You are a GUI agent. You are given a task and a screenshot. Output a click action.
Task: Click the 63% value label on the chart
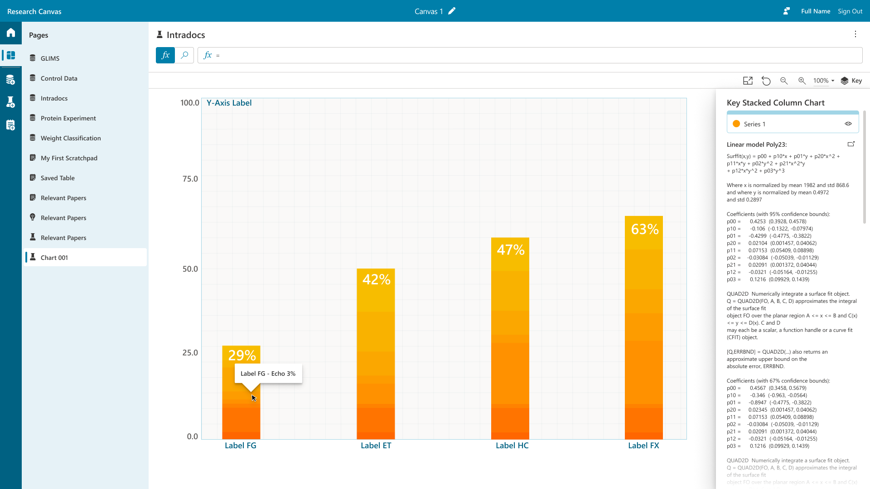[x=645, y=229]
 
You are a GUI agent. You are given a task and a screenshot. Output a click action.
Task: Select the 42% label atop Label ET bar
[x=376, y=279]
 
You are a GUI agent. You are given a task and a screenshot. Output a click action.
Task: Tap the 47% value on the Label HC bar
[x=511, y=250]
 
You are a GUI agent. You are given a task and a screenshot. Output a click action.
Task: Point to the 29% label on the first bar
[x=242, y=355]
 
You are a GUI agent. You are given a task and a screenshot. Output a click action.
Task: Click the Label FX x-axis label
[x=643, y=446]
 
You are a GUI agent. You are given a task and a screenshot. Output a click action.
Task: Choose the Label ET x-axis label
[x=376, y=446]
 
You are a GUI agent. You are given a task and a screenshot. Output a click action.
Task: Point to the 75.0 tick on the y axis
[x=190, y=179]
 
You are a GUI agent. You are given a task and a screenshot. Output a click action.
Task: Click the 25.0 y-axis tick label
[x=190, y=353]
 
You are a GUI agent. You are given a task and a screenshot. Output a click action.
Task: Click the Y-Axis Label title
[x=229, y=103]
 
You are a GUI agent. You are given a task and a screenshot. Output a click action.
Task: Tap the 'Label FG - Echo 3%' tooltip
[x=268, y=374]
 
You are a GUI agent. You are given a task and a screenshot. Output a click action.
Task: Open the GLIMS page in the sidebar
[x=50, y=58]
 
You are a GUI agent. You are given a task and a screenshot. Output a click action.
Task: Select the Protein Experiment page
[x=68, y=118]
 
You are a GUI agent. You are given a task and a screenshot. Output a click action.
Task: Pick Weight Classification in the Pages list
[x=71, y=138]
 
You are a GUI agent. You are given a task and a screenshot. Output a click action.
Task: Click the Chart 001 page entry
[x=54, y=258]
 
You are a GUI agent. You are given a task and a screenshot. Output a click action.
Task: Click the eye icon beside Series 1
[x=848, y=124]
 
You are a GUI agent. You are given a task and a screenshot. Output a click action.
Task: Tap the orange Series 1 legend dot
[x=736, y=124]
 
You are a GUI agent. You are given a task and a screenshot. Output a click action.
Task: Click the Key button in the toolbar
[x=851, y=81]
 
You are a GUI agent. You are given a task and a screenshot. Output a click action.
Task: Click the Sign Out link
[x=850, y=11]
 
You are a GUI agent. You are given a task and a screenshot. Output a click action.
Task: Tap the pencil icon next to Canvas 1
[x=452, y=11]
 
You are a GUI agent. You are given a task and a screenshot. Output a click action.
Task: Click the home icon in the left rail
[x=11, y=33]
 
